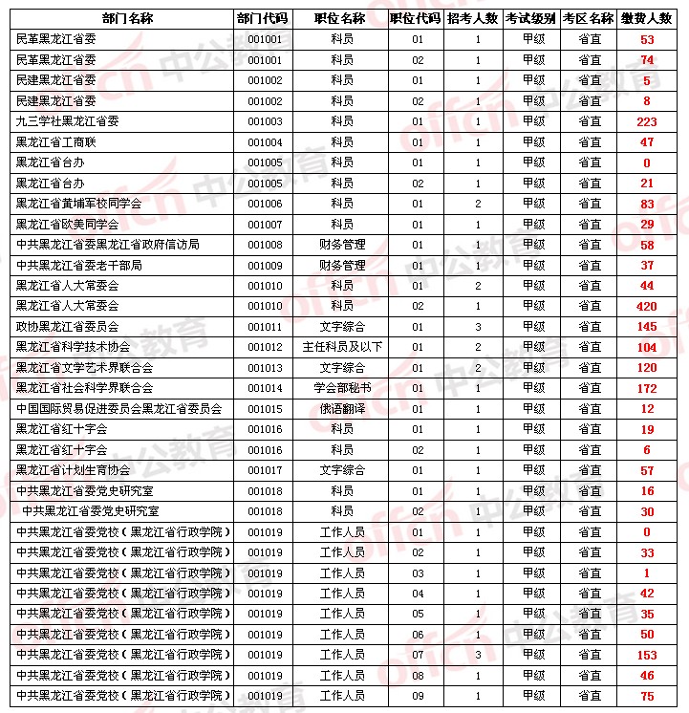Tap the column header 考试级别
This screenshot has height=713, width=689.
click(531, 18)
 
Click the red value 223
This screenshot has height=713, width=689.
click(646, 121)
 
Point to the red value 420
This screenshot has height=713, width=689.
click(646, 306)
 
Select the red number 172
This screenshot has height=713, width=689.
click(646, 388)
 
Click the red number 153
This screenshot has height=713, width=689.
click(646, 655)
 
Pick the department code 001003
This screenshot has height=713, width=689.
click(265, 121)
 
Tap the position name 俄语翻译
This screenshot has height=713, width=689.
click(342, 408)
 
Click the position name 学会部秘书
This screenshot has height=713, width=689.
click(342, 388)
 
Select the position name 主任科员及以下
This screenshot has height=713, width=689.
click(342, 347)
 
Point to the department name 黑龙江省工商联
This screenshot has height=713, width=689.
click(59, 141)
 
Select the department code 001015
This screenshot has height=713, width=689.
click(265, 408)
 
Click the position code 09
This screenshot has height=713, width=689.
click(418, 696)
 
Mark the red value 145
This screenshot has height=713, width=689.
click(646, 326)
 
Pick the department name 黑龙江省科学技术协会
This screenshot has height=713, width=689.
click(73, 347)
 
